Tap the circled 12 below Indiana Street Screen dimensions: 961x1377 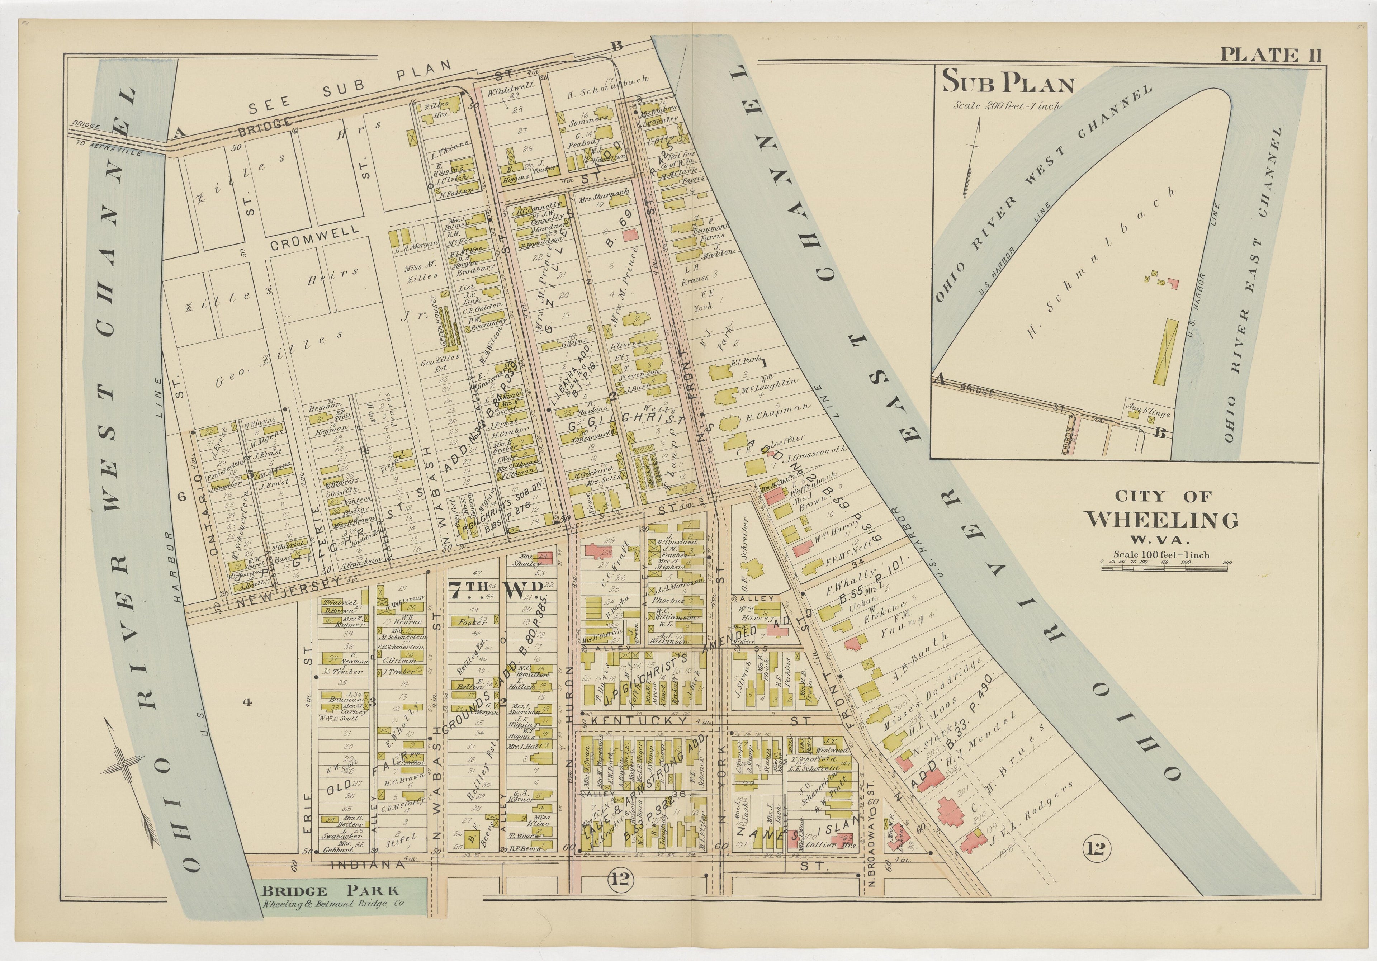620,879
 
